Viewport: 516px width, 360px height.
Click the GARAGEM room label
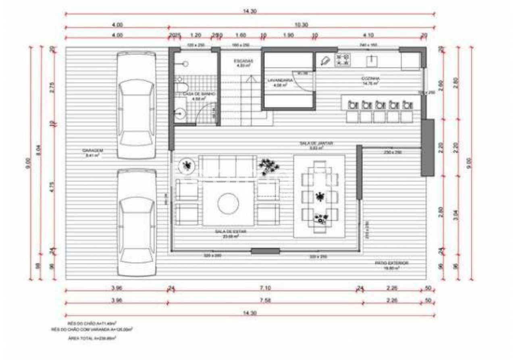coord(93,150)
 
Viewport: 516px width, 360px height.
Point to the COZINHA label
coord(370,79)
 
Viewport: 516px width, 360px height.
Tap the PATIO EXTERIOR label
coord(391,263)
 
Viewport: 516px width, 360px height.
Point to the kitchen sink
coord(371,61)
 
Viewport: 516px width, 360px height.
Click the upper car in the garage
coord(136,106)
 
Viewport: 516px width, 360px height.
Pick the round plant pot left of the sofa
coord(187,165)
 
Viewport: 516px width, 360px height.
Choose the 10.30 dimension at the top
coord(301,25)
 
